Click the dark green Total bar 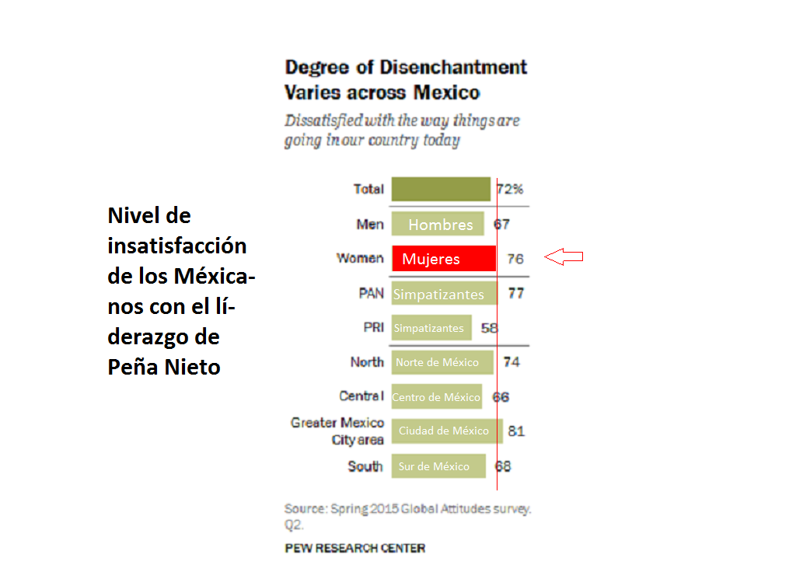(x=441, y=189)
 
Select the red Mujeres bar (x=444, y=259)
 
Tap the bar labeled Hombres (x=438, y=225)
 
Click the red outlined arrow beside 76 (x=564, y=257)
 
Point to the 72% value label (x=511, y=189)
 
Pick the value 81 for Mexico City (x=516, y=431)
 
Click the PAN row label (x=371, y=294)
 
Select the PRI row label (x=373, y=327)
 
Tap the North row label (x=367, y=362)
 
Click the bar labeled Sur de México (x=438, y=466)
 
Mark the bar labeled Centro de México (x=436, y=397)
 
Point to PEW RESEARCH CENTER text (x=355, y=548)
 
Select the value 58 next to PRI (x=489, y=328)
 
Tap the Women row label (x=360, y=258)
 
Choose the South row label (x=365, y=466)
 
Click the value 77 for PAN (x=515, y=294)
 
